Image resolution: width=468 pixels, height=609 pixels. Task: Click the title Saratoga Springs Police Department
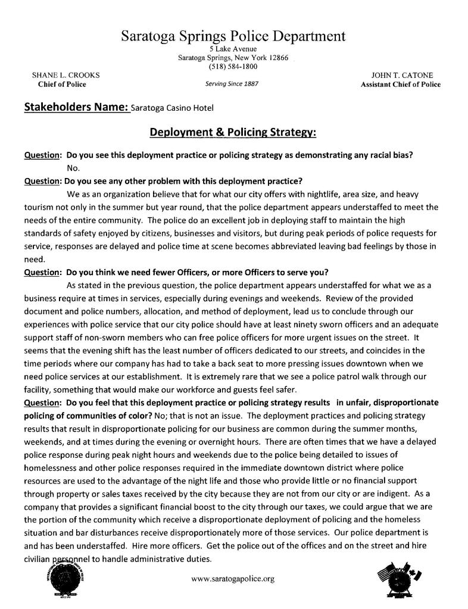point(233,36)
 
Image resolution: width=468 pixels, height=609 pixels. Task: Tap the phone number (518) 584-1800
point(233,67)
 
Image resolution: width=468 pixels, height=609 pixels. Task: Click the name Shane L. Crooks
point(65,76)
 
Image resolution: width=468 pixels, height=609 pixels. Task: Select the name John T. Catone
point(402,76)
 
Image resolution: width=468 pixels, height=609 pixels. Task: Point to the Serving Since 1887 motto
point(232,84)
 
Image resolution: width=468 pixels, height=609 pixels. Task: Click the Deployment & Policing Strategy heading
point(232,131)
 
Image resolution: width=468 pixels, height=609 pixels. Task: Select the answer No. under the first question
point(73,168)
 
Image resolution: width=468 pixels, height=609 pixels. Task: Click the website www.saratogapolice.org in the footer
point(233,578)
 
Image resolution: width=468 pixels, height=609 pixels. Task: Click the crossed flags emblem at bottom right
point(400,579)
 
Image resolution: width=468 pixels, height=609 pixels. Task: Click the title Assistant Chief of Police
point(401,85)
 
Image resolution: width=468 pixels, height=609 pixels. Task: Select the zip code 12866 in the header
point(278,58)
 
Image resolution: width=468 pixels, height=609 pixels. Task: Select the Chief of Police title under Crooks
point(62,85)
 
